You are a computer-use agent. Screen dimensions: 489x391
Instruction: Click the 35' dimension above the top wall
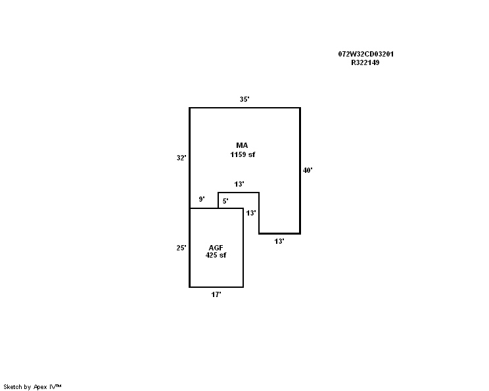(244, 99)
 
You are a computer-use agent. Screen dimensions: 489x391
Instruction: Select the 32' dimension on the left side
(181, 158)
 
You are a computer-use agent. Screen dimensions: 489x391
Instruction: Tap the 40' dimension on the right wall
(308, 170)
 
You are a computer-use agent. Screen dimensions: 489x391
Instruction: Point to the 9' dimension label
(202, 199)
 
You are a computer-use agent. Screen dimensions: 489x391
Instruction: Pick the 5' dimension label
(225, 201)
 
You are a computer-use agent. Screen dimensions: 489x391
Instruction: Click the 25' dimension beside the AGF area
(181, 248)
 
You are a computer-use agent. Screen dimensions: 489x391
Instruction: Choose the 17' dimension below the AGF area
(216, 294)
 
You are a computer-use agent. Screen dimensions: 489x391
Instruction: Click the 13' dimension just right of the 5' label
(251, 213)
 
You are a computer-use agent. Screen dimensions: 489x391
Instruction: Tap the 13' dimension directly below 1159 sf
(239, 184)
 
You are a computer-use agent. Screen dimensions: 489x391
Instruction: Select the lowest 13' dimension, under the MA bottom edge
(279, 241)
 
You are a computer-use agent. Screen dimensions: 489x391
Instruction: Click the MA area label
(242, 145)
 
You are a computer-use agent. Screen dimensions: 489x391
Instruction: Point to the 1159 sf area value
(243, 154)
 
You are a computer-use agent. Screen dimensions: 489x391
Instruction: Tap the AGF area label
(216, 248)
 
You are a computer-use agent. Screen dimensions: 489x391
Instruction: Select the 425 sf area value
(216, 255)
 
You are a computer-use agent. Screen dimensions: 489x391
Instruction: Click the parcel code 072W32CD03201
(366, 54)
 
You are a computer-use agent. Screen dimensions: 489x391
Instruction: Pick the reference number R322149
(365, 62)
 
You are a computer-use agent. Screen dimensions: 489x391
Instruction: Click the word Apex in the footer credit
(40, 387)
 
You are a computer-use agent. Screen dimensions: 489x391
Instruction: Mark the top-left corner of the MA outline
(189, 108)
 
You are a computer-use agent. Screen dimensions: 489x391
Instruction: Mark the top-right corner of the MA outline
(300, 108)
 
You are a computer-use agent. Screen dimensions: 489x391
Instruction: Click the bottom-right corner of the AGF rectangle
(243, 287)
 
